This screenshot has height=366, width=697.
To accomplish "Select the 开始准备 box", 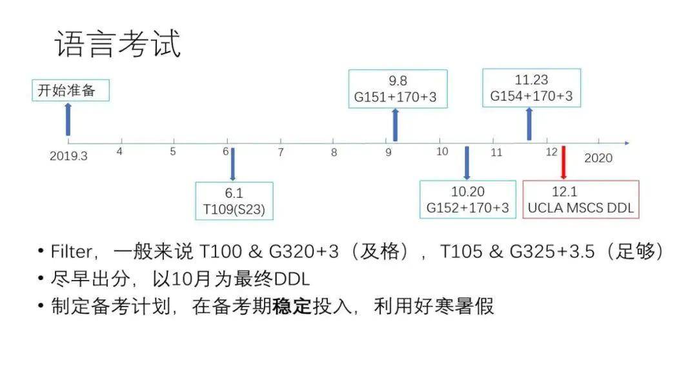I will pos(70,91).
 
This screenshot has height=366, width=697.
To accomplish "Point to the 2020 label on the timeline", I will pos(598,158).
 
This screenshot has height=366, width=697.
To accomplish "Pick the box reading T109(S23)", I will pos(234,201).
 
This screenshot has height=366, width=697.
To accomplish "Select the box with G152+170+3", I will pos(467,200).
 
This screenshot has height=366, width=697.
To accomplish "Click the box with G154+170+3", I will pos(531,88).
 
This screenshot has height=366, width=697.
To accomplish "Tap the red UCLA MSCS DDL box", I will pos(580,199).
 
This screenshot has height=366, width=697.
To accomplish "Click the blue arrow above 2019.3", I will pos(68,120).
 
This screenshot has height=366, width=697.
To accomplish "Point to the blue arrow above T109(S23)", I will pos(232,164).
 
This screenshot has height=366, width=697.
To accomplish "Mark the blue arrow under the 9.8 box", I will pos(395,125).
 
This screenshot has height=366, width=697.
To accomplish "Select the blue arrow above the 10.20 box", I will pos(467,163).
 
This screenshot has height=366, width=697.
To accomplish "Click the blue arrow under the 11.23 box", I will pos(529,124).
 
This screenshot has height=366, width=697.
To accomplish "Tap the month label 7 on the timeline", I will pos(280,153).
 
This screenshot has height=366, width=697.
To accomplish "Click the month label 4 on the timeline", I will pos(119,152).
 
